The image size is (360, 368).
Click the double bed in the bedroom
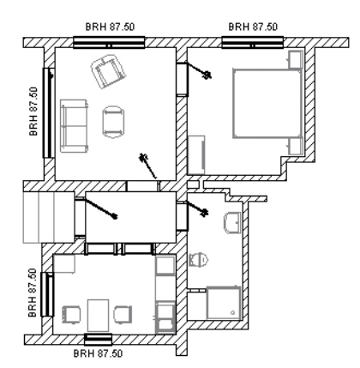click(x=267, y=104)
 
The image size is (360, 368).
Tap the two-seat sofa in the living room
click(x=74, y=126)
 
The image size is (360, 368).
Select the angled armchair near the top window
click(x=109, y=71)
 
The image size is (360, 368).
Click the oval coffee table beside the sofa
click(x=113, y=122)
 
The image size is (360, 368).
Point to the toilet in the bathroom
click(x=198, y=259)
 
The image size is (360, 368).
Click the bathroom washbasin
click(x=232, y=222)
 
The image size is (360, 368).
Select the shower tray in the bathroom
click(x=224, y=303)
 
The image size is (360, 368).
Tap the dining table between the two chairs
click(x=98, y=315)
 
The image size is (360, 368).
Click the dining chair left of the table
click(x=71, y=315)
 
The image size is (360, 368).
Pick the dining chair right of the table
click(x=123, y=315)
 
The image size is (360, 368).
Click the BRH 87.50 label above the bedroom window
click(x=253, y=27)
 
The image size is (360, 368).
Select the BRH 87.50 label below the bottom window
click(x=98, y=353)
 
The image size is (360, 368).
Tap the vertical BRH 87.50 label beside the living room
click(x=33, y=112)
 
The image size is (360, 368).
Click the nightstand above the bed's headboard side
click(x=296, y=59)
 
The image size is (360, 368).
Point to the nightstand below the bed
click(x=296, y=147)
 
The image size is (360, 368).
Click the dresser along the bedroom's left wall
click(x=196, y=155)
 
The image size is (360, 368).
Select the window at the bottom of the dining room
click(x=98, y=340)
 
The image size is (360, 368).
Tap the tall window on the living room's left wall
click(x=48, y=112)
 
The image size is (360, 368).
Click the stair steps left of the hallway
click(x=49, y=217)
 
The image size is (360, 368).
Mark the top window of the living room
click(x=109, y=42)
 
